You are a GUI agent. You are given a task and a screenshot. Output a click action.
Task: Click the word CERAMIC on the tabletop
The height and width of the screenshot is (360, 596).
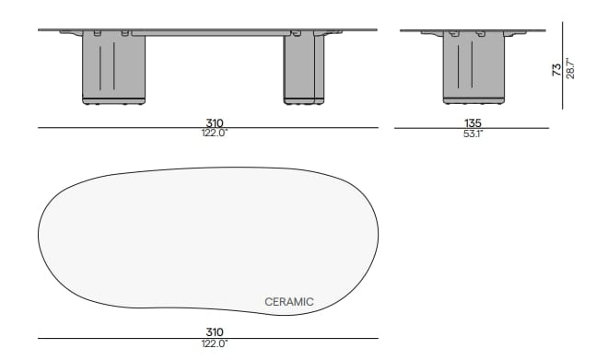coord(288,302)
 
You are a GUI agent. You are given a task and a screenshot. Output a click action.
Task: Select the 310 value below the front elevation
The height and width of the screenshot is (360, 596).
coord(215,122)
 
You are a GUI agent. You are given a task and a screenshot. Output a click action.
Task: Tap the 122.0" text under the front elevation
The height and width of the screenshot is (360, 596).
coord(215,134)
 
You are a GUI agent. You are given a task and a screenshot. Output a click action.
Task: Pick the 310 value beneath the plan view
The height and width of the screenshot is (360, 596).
coord(215,332)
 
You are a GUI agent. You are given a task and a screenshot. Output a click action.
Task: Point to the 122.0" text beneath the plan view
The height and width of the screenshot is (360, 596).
coord(215,343)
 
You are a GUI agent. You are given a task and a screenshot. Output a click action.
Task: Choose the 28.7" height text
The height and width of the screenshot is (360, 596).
coord(569,68)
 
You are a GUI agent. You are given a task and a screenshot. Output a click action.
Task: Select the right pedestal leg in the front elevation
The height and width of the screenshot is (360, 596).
coord(303,66)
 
